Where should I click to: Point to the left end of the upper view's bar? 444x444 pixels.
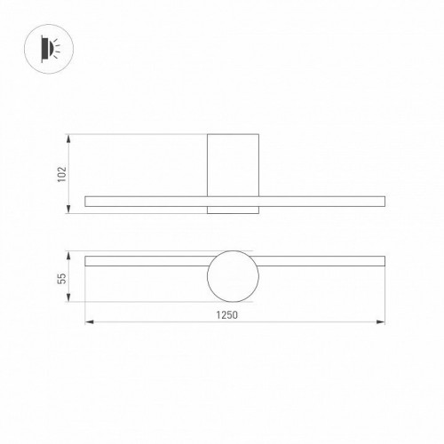(86, 201)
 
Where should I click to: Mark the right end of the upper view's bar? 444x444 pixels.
(383, 201)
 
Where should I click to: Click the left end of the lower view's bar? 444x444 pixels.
(86, 261)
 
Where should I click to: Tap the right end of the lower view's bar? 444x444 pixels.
(383, 261)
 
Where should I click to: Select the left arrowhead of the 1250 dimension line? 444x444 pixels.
(88, 321)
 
